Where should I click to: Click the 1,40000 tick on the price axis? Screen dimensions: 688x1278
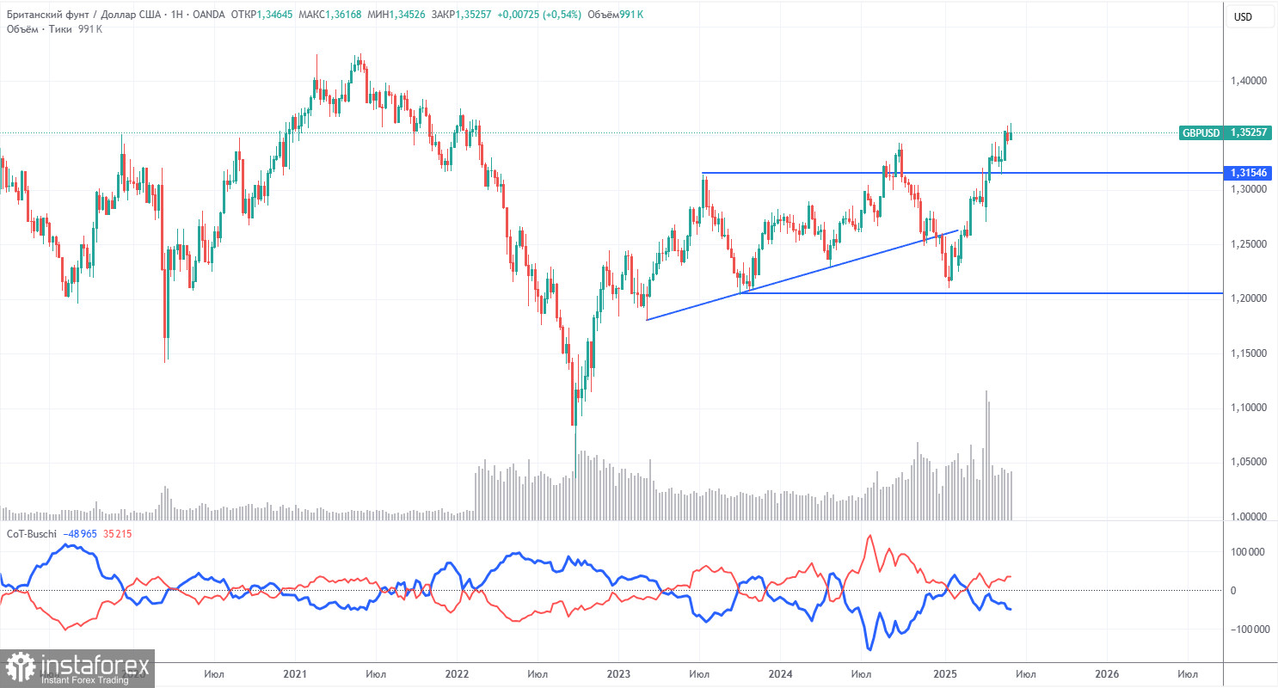tap(1249, 81)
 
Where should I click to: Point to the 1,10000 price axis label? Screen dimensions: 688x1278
tap(1249, 407)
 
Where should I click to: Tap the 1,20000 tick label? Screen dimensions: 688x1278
tap(1249, 298)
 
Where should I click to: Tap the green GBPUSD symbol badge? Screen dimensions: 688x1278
tap(1201, 133)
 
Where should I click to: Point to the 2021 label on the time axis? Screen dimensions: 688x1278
tap(295, 674)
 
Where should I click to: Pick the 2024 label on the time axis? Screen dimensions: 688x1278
tap(781, 674)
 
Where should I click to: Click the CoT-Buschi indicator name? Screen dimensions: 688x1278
tap(32, 534)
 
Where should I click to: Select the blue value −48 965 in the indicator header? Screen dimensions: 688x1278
tap(88, 534)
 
